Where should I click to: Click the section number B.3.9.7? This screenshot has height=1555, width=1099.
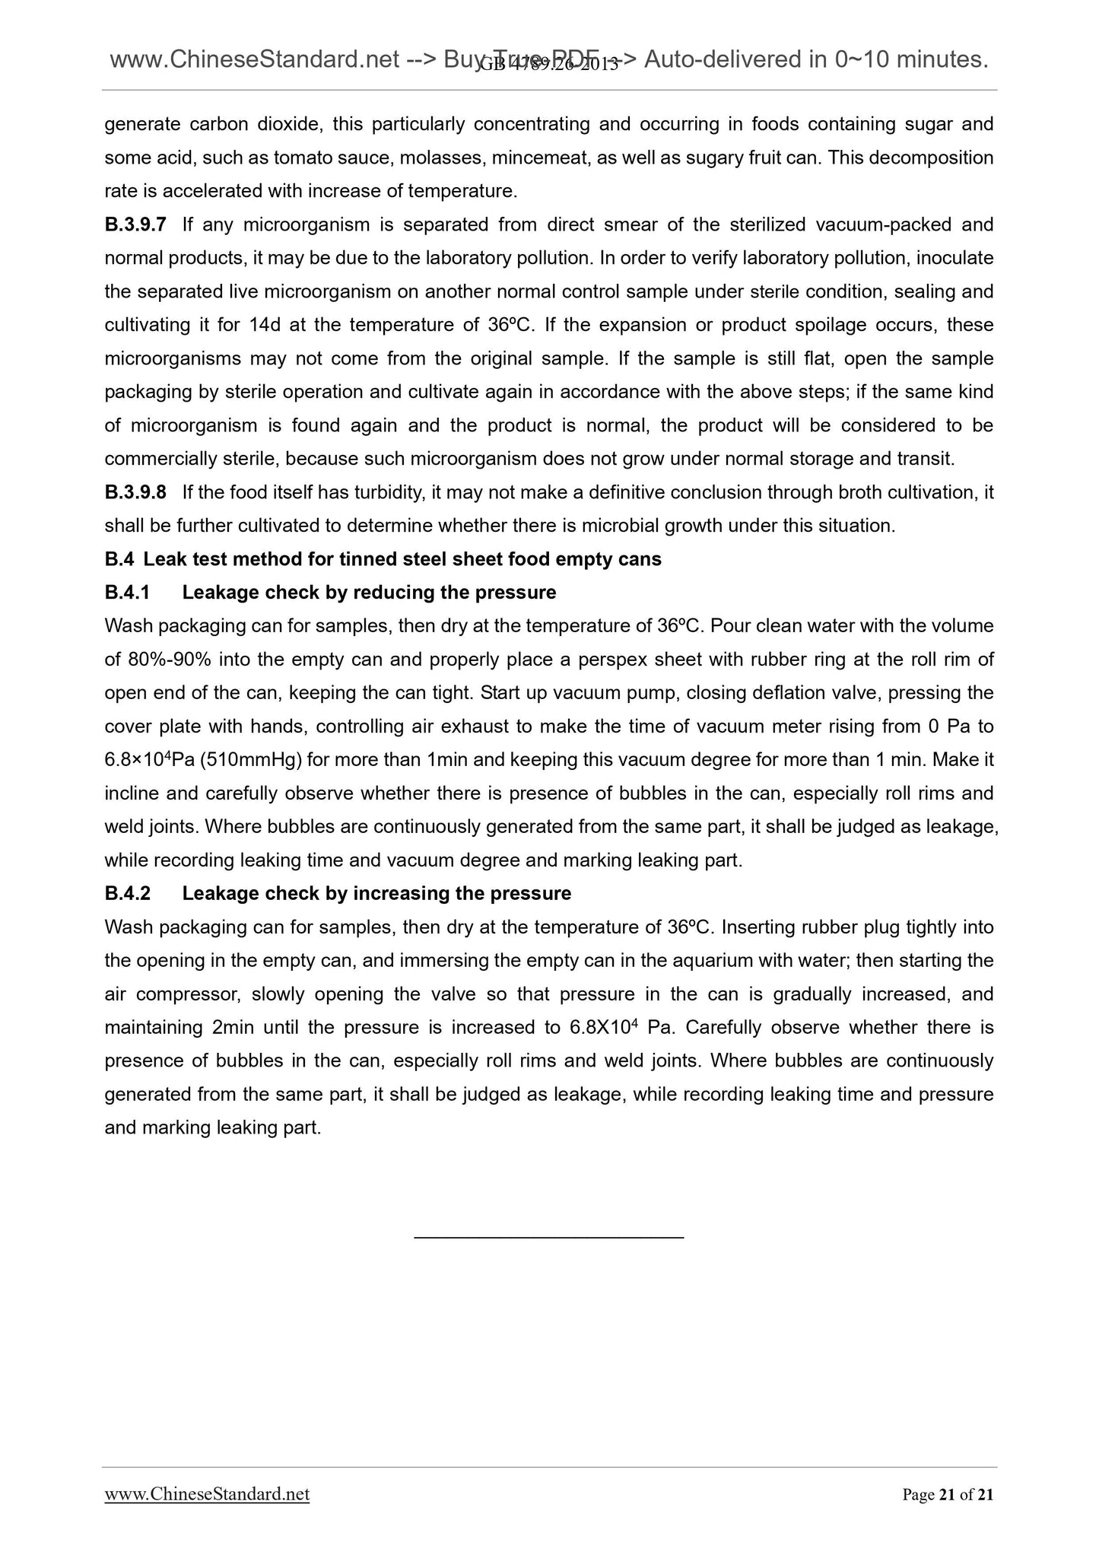coord(135,224)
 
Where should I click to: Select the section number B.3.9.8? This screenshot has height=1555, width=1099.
coord(135,492)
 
